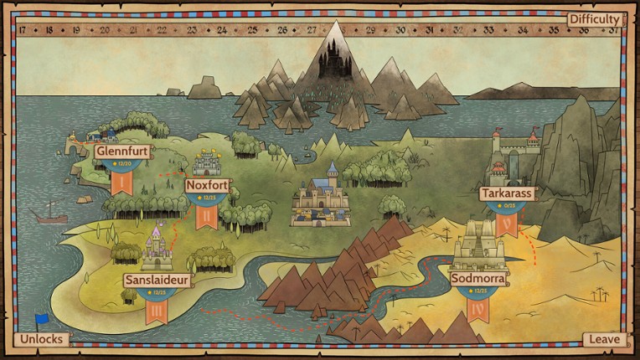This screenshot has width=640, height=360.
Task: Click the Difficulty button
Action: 594,18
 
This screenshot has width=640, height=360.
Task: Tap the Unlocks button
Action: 40,340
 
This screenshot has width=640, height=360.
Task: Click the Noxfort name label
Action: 207,185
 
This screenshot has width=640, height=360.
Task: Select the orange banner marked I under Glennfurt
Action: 121,180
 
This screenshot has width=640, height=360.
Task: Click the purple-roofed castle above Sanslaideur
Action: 157,249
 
